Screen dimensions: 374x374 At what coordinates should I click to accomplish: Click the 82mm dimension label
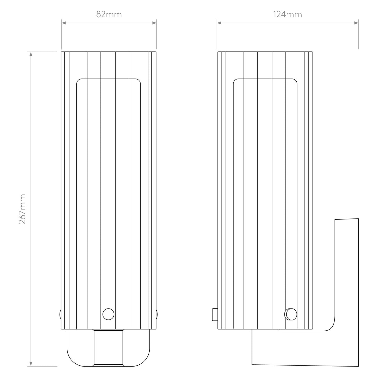tap(109, 14)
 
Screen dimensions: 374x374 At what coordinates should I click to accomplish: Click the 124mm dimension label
tap(287, 14)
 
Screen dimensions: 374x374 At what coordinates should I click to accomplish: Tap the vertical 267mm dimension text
tap(22, 209)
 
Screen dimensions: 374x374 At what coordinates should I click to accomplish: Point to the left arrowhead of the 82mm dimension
tap(64, 22)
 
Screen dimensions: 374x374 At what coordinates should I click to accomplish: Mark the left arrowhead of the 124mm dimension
tap(219, 22)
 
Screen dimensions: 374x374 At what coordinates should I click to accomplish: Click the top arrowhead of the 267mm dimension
tap(31, 54)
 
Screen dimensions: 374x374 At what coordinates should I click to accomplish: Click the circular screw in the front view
tap(108, 314)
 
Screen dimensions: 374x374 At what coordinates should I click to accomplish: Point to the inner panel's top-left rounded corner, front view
tap(79, 81)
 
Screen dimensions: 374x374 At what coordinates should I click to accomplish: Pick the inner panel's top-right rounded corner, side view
tap(294, 81)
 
